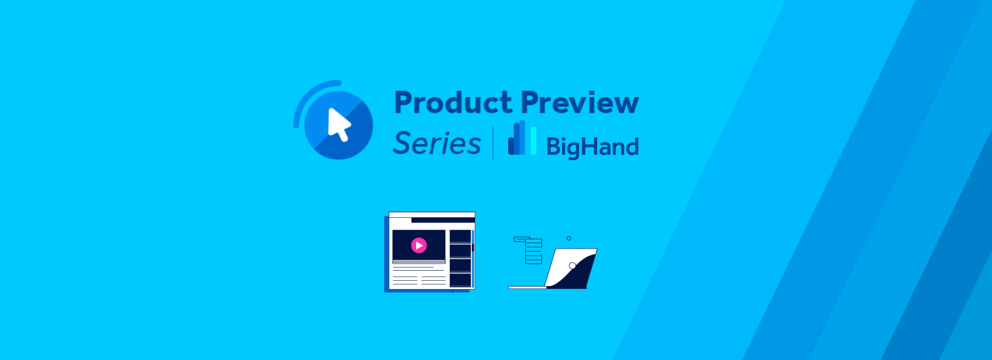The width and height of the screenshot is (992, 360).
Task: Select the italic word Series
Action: (437, 143)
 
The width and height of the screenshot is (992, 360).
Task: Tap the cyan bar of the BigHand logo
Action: (533, 141)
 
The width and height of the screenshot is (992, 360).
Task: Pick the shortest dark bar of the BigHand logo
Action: (511, 146)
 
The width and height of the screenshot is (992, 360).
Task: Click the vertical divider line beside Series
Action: (493, 143)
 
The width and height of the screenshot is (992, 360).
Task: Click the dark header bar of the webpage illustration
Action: (443, 220)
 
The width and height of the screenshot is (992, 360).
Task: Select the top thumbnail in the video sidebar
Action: (460, 236)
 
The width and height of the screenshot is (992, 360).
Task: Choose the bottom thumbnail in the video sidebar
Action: (460, 280)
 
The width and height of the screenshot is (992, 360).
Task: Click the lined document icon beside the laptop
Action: (534, 251)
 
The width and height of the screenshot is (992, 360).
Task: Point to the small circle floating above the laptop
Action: (569, 238)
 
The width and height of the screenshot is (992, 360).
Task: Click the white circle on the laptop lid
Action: (572, 266)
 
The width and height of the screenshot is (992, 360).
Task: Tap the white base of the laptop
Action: (527, 287)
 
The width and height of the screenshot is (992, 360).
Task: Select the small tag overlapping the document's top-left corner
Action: (522, 239)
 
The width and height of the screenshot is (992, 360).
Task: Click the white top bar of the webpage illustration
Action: (432, 214)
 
